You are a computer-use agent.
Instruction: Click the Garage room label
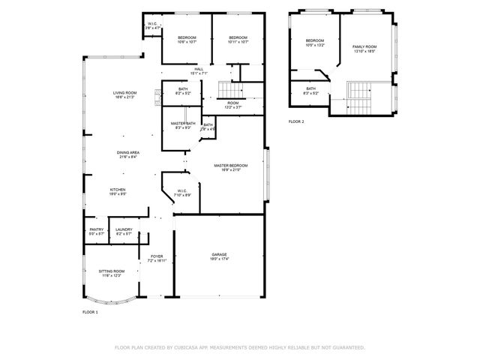pyautogui.click(x=219, y=255)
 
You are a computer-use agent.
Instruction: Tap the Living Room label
pyautogui.click(x=125, y=92)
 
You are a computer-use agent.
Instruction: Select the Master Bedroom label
pyautogui.click(x=230, y=165)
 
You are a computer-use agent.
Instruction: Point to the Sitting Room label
pyautogui.click(x=112, y=271)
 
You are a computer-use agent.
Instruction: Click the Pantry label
pyautogui.click(x=97, y=229)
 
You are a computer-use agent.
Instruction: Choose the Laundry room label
pyautogui.click(x=124, y=229)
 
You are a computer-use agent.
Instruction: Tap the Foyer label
pyautogui.click(x=157, y=256)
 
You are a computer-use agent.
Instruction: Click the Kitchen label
pyautogui.click(x=118, y=190)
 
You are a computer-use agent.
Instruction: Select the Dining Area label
pyautogui.click(x=127, y=152)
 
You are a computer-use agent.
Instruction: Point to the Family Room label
pyautogui.click(x=364, y=46)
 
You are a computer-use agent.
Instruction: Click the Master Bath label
pyautogui.click(x=182, y=123)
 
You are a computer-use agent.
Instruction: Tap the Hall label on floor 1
pyautogui.click(x=199, y=69)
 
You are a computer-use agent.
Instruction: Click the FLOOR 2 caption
pyautogui.click(x=296, y=121)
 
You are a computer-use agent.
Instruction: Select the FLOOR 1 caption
pyautogui.click(x=90, y=311)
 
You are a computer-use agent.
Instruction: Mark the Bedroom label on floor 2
pyautogui.click(x=314, y=40)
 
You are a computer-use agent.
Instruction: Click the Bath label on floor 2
pyautogui.click(x=311, y=88)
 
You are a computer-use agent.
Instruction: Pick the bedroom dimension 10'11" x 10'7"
pyautogui.click(x=238, y=42)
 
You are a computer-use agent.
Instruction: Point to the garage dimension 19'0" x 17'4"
pyautogui.click(x=219, y=259)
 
